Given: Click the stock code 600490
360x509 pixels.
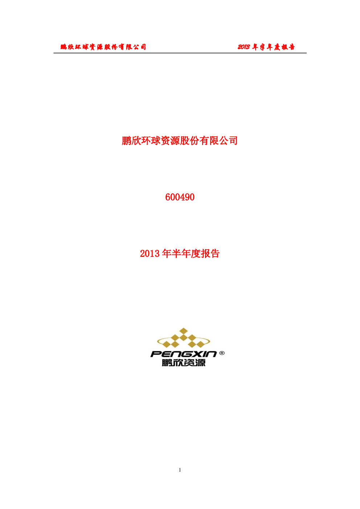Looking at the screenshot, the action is (180, 197).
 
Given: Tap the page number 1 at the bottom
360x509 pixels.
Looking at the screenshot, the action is (180, 470).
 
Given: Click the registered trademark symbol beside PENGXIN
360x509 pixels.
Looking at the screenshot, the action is (222, 353).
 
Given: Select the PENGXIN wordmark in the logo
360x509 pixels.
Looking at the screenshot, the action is (184, 354).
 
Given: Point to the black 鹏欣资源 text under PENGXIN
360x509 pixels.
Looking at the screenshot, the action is (184, 363).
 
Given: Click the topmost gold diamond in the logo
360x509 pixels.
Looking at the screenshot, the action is (184, 331).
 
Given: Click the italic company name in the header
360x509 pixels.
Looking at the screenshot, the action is (103, 47).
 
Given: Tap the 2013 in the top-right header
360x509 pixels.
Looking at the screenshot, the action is (244, 47).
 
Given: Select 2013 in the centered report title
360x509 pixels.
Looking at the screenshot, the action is (150, 254).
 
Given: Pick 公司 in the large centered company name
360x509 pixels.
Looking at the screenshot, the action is (228, 141).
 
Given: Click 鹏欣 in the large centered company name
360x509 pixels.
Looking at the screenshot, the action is (131, 141).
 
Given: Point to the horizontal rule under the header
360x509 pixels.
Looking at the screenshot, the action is (180, 53).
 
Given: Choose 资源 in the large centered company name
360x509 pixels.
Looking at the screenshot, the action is (170, 141).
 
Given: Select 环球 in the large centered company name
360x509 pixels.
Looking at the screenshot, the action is (151, 141).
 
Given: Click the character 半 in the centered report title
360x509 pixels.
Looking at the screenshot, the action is (176, 254).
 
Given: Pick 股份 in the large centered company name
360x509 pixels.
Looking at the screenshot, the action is (189, 141).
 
